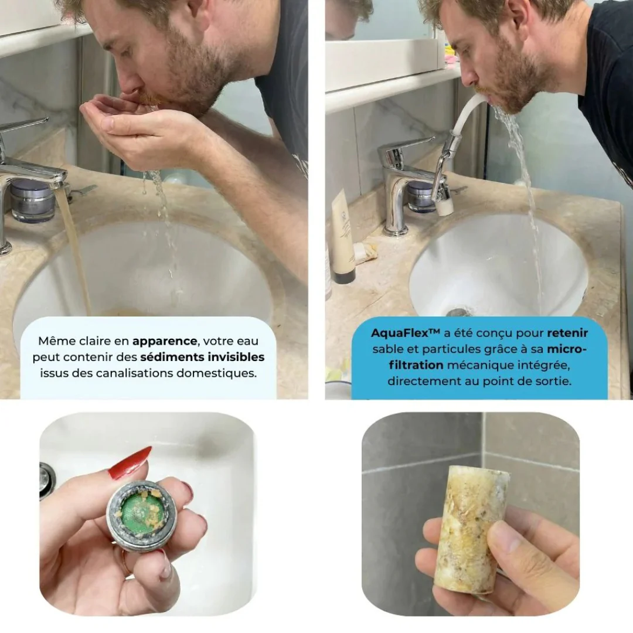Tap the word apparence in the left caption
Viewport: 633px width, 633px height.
(x=165, y=342)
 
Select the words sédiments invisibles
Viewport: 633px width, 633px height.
(x=202, y=358)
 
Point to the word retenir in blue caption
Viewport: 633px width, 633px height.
(x=567, y=333)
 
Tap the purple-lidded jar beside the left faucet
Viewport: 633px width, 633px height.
(x=32, y=200)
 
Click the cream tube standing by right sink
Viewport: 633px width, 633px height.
(x=342, y=237)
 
